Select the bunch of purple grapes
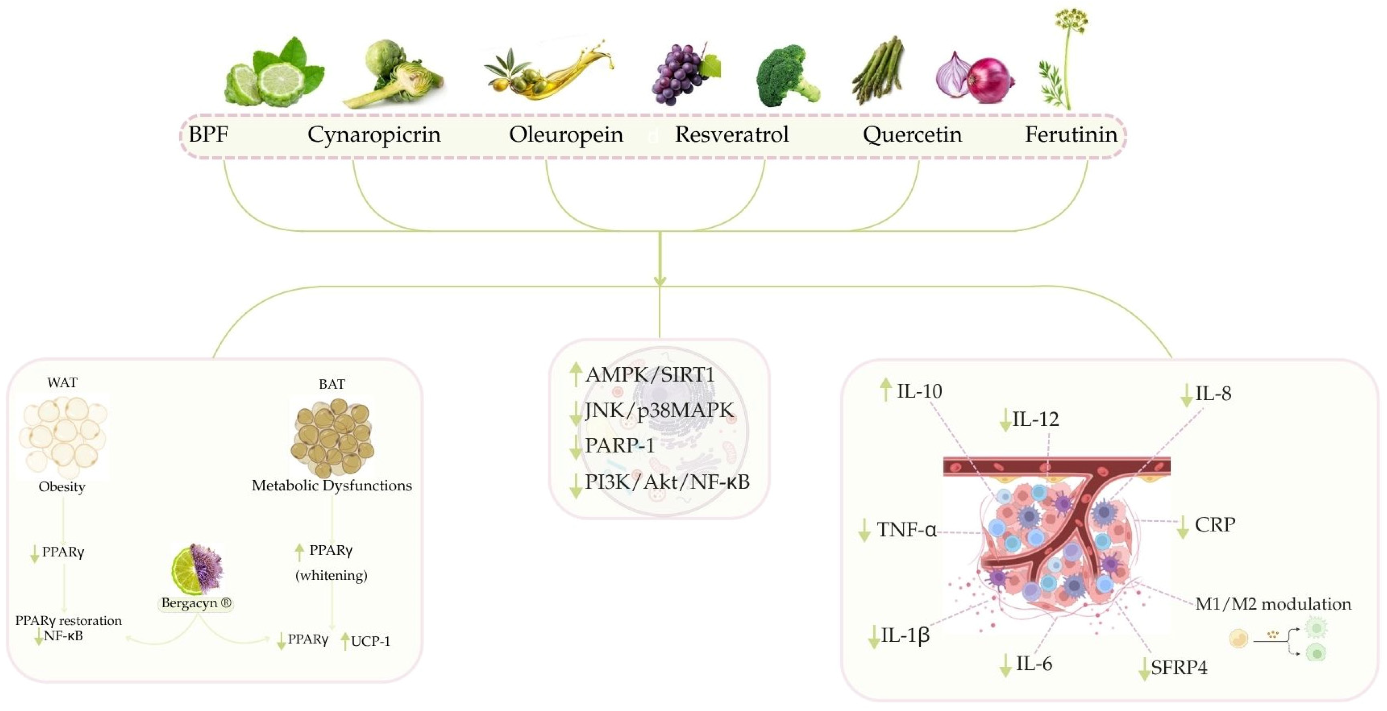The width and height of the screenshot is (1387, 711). pos(679,75)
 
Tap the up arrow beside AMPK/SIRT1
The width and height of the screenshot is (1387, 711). pos(576,374)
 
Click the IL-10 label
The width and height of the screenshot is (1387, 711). pos(918,391)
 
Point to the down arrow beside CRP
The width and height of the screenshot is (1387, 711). pos(1182,526)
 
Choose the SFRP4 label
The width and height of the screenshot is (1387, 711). pos(1179,667)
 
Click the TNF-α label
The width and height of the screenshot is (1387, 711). pos(906,530)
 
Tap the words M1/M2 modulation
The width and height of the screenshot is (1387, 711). pos(1273,604)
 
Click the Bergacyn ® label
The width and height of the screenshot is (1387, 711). pos(196,603)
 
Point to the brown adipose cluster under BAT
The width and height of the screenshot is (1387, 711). pos(332,437)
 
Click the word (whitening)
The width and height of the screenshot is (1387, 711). pos(331,575)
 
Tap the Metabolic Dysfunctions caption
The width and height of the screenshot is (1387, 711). pos(332,485)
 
